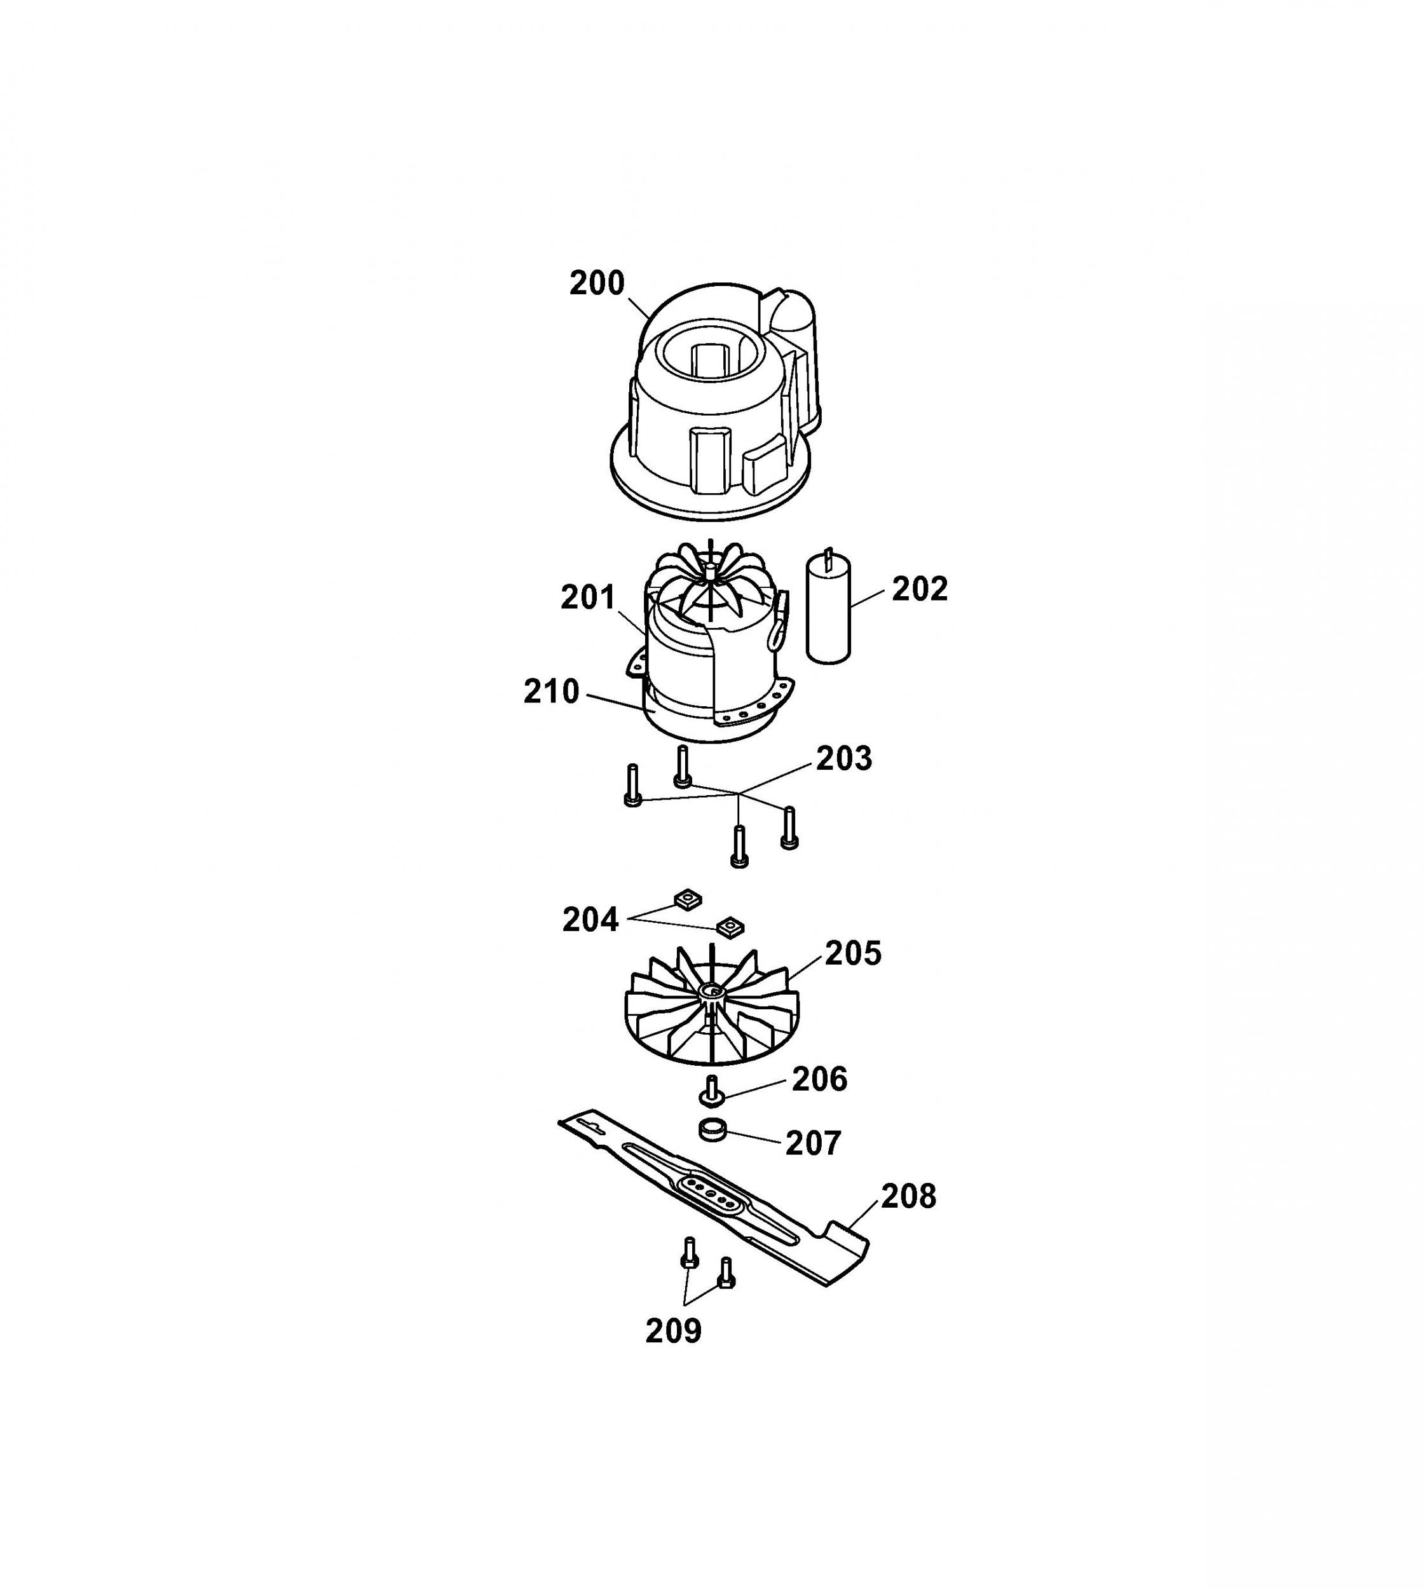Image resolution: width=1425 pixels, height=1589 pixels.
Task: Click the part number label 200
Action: [597, 283]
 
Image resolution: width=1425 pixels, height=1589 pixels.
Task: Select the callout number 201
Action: [588, 598]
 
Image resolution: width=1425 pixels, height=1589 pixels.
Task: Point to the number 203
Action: [844, 758]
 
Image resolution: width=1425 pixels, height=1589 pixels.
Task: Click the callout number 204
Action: [590, 920]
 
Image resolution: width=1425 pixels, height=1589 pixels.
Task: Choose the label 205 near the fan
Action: [854, 954]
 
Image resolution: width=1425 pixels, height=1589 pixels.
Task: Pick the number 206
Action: [820, 1079]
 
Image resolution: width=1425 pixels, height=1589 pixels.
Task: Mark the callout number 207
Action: [814, 1144]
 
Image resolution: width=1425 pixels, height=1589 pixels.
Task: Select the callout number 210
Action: [551, 692]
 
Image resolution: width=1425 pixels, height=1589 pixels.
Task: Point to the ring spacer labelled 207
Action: [712, 1131]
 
